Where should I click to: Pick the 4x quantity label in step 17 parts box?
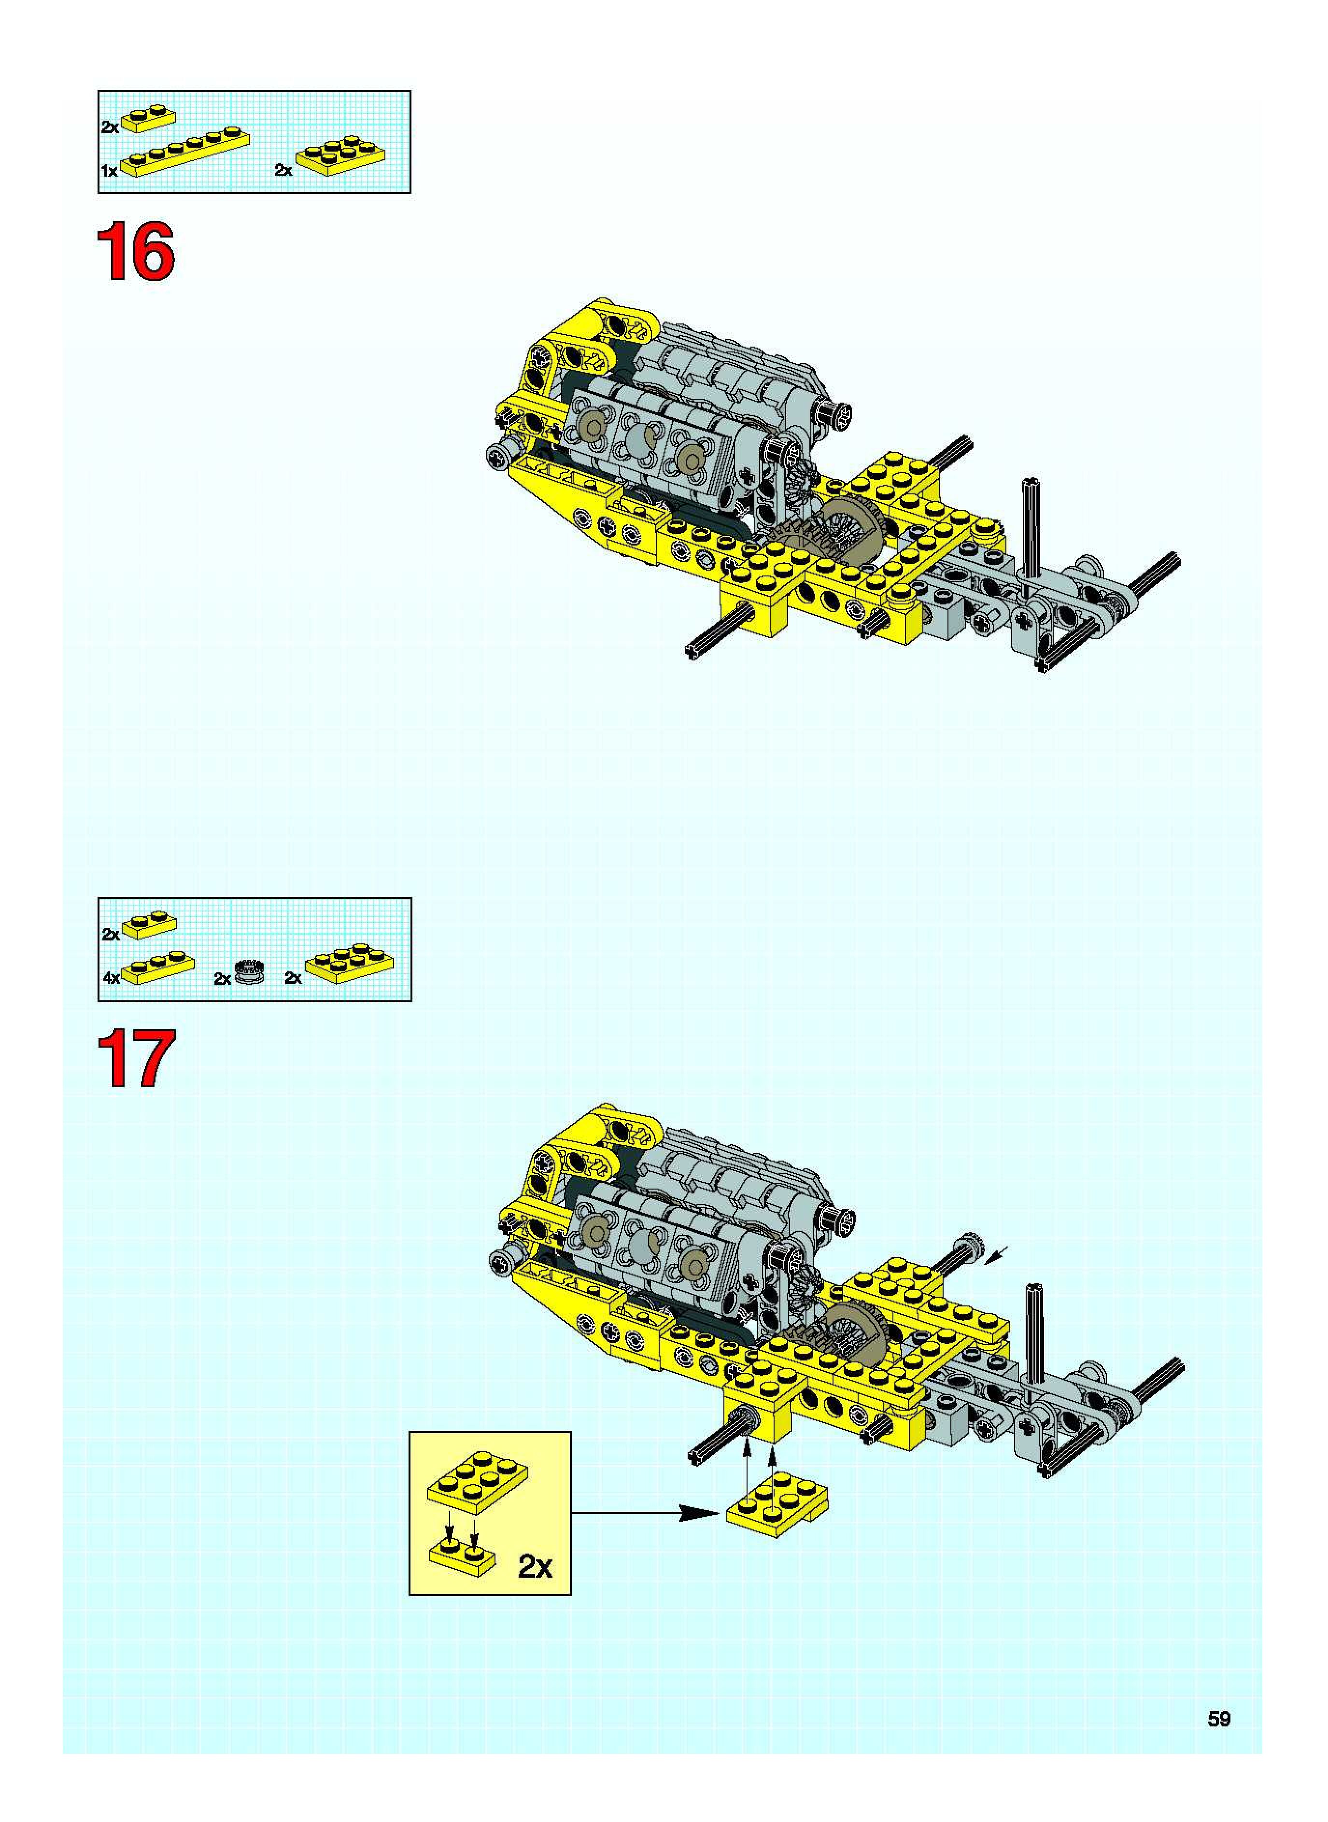click(x=111, y=978)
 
